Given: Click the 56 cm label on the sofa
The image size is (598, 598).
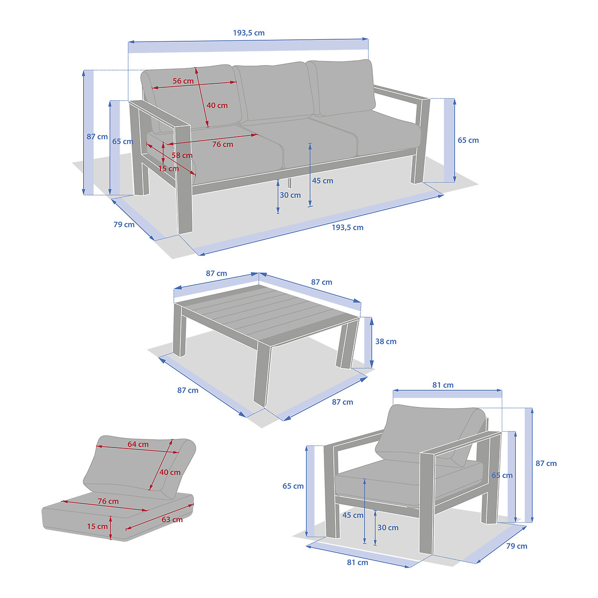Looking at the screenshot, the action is [183, 81].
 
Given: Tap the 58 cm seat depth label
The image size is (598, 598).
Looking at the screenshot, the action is [182, 155].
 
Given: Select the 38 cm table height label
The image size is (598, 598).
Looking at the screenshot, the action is [386, 341].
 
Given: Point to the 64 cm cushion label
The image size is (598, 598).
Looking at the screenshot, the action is [138, 444].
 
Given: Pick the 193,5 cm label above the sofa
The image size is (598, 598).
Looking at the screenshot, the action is [249, 33].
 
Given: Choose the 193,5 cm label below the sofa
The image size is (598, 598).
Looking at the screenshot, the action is [347, 227].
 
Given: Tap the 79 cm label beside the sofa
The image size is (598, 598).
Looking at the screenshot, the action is [124, 224].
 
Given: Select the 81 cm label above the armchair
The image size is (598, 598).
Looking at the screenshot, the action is [443, 385].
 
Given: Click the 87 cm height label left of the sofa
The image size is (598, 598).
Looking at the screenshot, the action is [97, 137].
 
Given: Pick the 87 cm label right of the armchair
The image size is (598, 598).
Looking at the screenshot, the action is [546, 463].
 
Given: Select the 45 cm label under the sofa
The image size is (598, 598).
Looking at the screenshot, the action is [322, 180].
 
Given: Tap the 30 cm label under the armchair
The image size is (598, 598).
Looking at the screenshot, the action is [388, 528].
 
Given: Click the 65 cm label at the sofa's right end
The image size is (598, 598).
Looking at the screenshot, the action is [468, 140].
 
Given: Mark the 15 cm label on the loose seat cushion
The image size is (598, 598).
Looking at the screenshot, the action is [97, 526].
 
